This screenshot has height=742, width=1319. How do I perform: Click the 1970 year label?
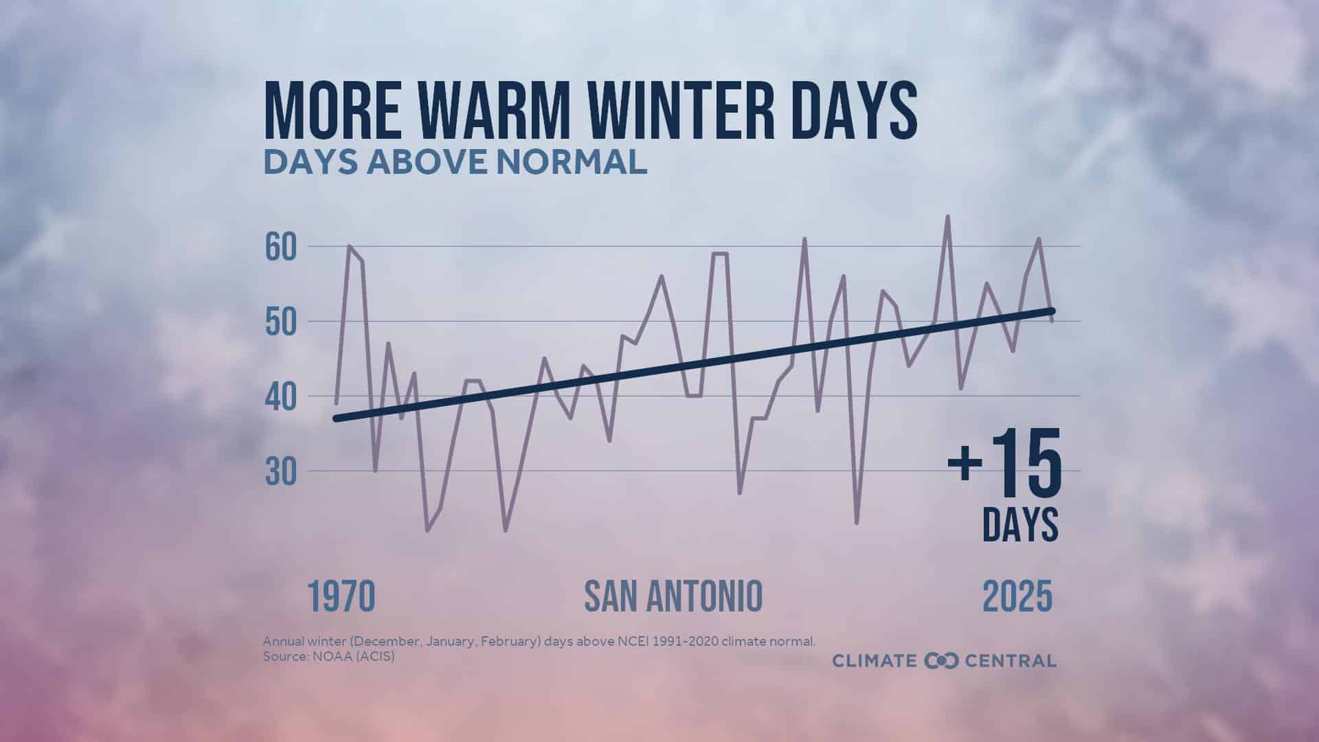[x=341, y=596]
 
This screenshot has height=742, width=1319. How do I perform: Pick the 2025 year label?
[x=1017, y=596]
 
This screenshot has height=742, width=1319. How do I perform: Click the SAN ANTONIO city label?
[x=673, y=596]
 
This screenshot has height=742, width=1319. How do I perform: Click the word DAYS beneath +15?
[x=1020, y=525]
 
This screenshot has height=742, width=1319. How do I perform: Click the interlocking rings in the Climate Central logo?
[x=940, y=661]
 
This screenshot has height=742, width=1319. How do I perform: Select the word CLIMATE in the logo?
[x=875, y=661]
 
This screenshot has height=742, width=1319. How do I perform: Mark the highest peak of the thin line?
[x=948, y=216]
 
